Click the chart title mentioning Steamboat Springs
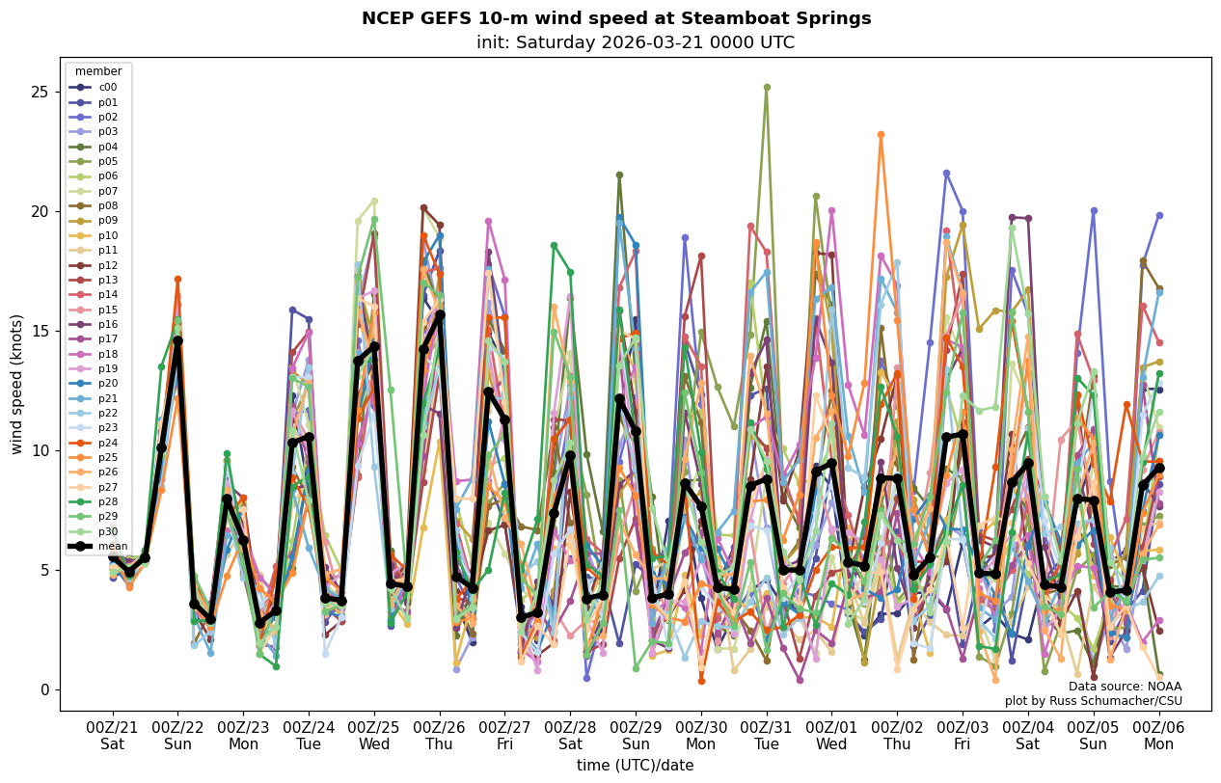pos(616,18)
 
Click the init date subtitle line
pos(636,42)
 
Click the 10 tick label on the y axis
pos(41,450)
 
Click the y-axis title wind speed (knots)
pos(17,384)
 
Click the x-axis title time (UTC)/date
pos(635,766)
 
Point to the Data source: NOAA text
pos(1125,687)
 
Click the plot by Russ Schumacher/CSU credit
pos(1093,701)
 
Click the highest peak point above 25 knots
pos(767,87)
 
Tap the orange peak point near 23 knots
pos(881,135)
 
